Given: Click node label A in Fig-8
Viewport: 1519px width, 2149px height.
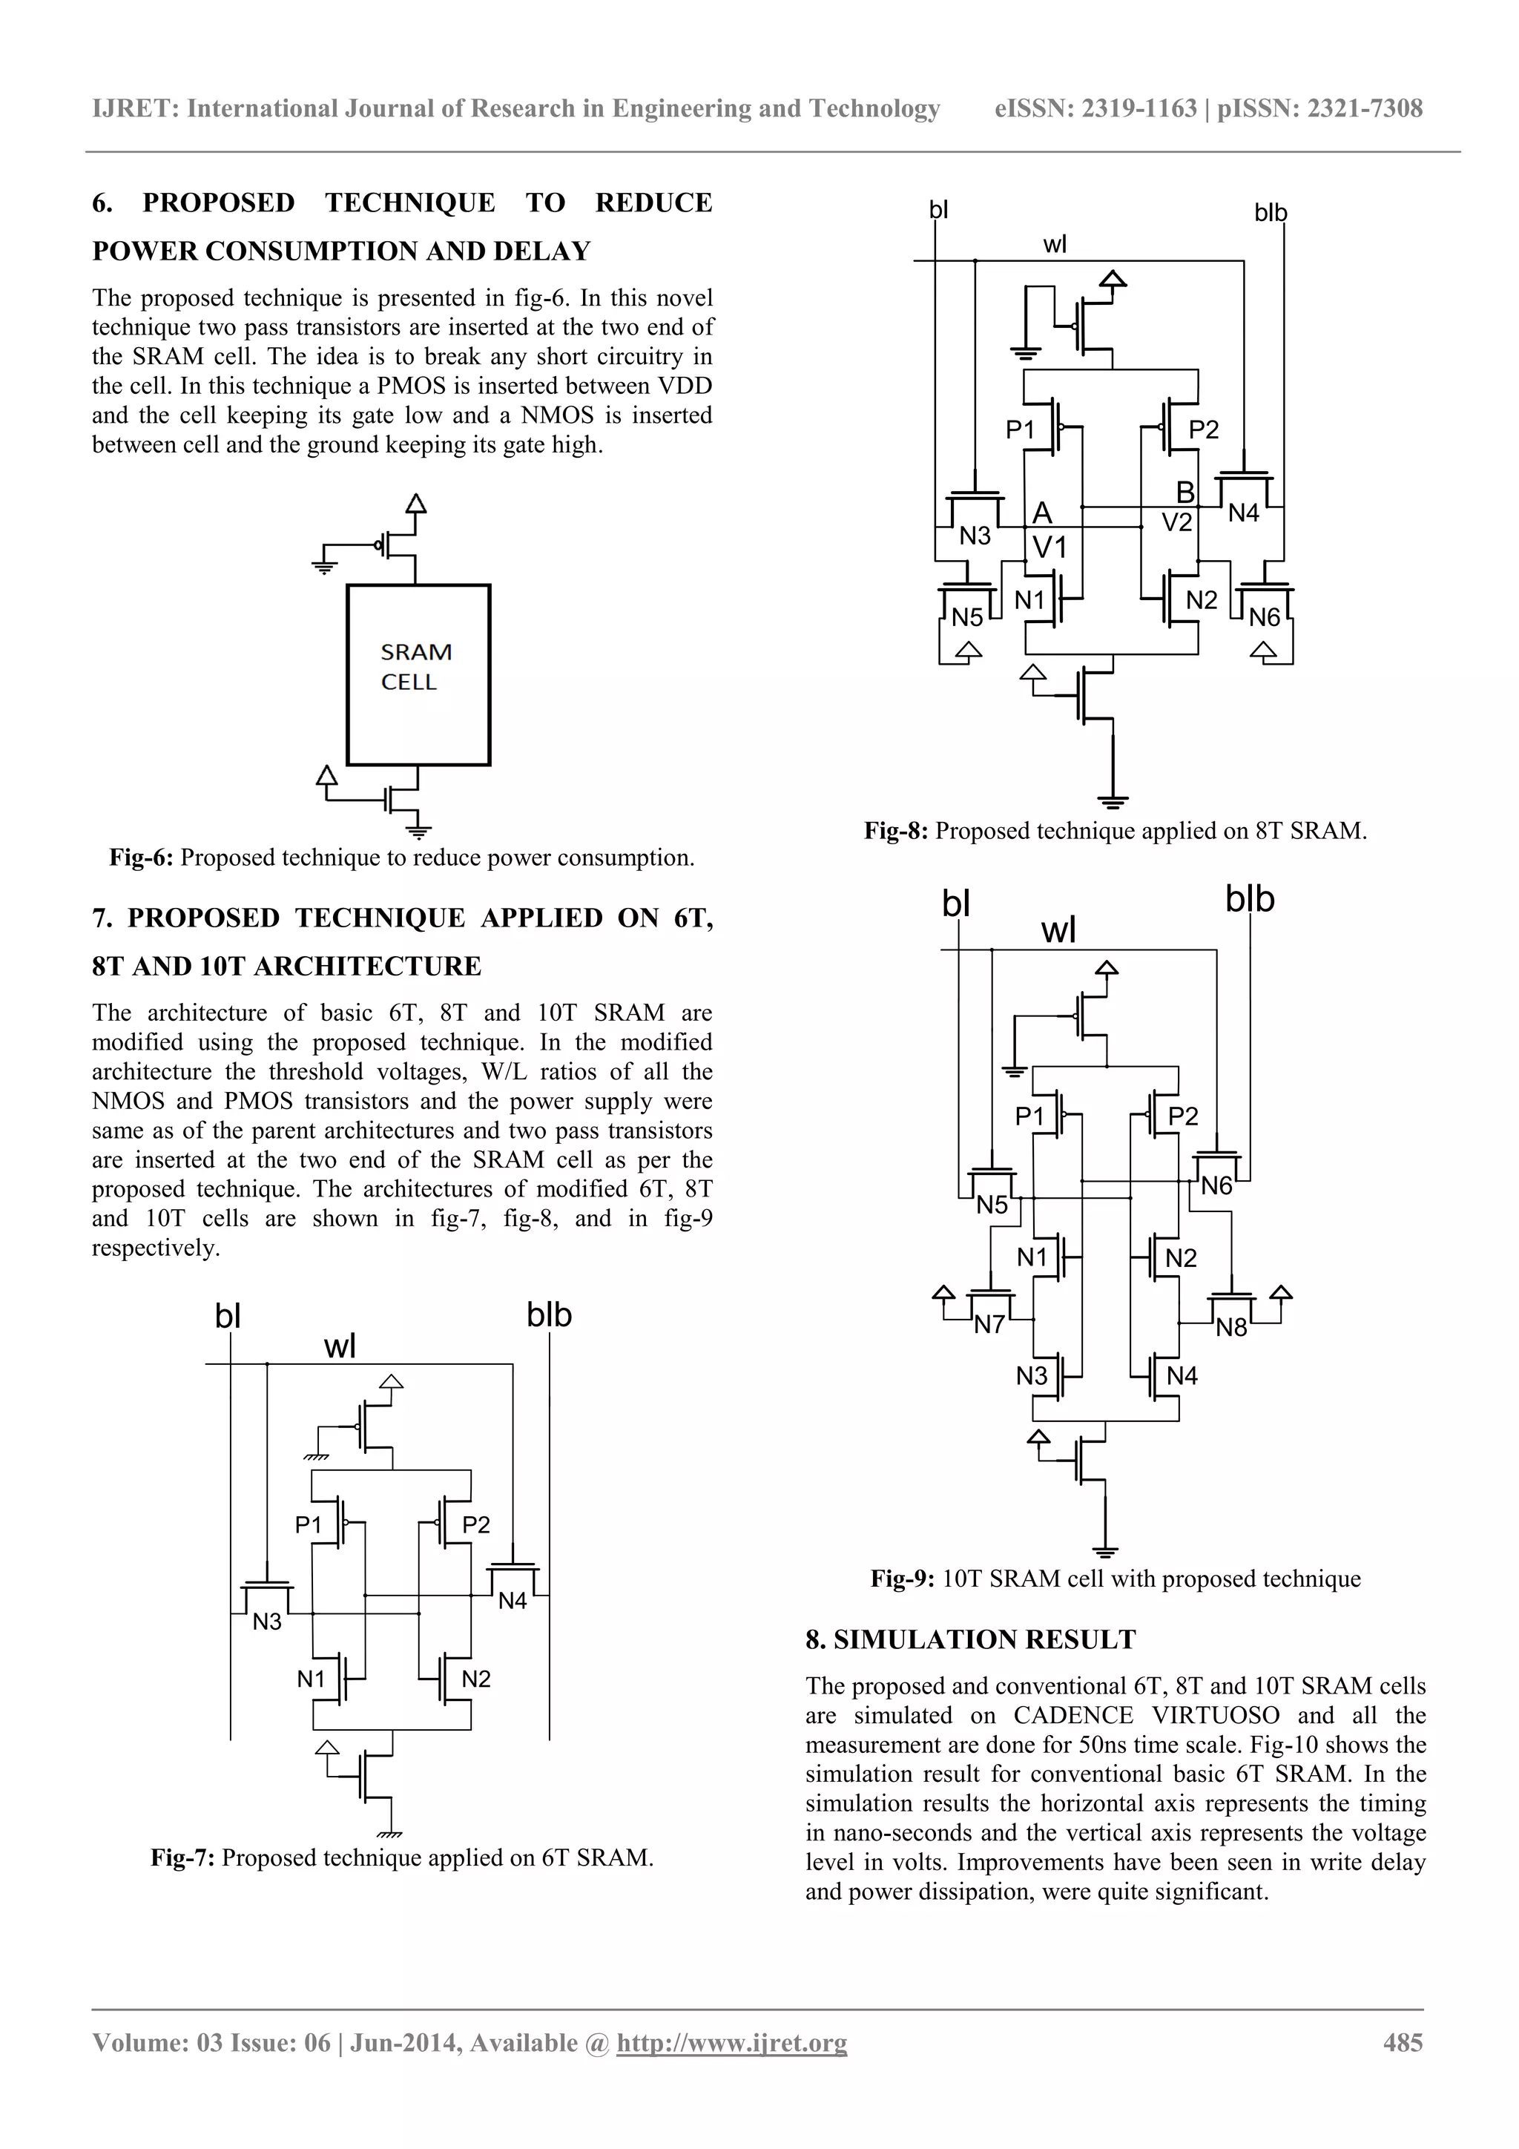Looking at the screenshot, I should [1041, 513].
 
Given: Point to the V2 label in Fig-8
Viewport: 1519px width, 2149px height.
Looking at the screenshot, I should [1176, 522].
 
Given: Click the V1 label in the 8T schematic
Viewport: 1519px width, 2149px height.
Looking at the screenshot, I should [1050, 547].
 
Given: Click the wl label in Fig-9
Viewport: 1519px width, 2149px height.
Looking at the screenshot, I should [1058, 931].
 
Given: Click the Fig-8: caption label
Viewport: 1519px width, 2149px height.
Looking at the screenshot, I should [894, 830].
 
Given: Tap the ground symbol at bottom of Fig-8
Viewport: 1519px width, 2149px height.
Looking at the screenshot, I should [1112, 801].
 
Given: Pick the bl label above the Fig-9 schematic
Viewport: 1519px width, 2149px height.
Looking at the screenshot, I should [955, 905].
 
